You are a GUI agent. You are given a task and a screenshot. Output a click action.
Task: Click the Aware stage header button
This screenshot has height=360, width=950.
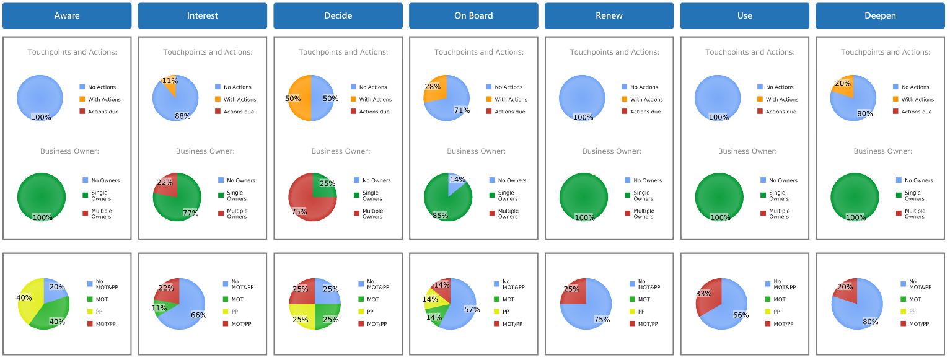click(x=67, y=16)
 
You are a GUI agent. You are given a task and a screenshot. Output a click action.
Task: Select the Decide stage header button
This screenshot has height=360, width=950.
click(x=338, y=16)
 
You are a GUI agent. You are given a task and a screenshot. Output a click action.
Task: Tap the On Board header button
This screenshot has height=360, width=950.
click(x=473, y=16)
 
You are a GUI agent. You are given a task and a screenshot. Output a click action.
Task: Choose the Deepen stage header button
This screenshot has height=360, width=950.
click(x=880, y=16)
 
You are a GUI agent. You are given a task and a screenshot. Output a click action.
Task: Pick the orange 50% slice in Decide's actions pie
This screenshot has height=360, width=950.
click(x=299, y=98)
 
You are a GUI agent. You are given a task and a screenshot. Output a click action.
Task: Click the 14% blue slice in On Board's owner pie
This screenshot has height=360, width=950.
click(x=455, y=182)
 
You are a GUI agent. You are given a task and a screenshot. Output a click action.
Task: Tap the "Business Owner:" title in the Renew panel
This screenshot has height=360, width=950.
click(x=612, y=151)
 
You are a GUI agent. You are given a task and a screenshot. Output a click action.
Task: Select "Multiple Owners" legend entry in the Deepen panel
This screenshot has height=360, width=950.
click(x=914, y=214)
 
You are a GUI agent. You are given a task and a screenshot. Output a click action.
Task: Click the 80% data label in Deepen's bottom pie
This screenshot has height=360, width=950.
click(x=870, y=322)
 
